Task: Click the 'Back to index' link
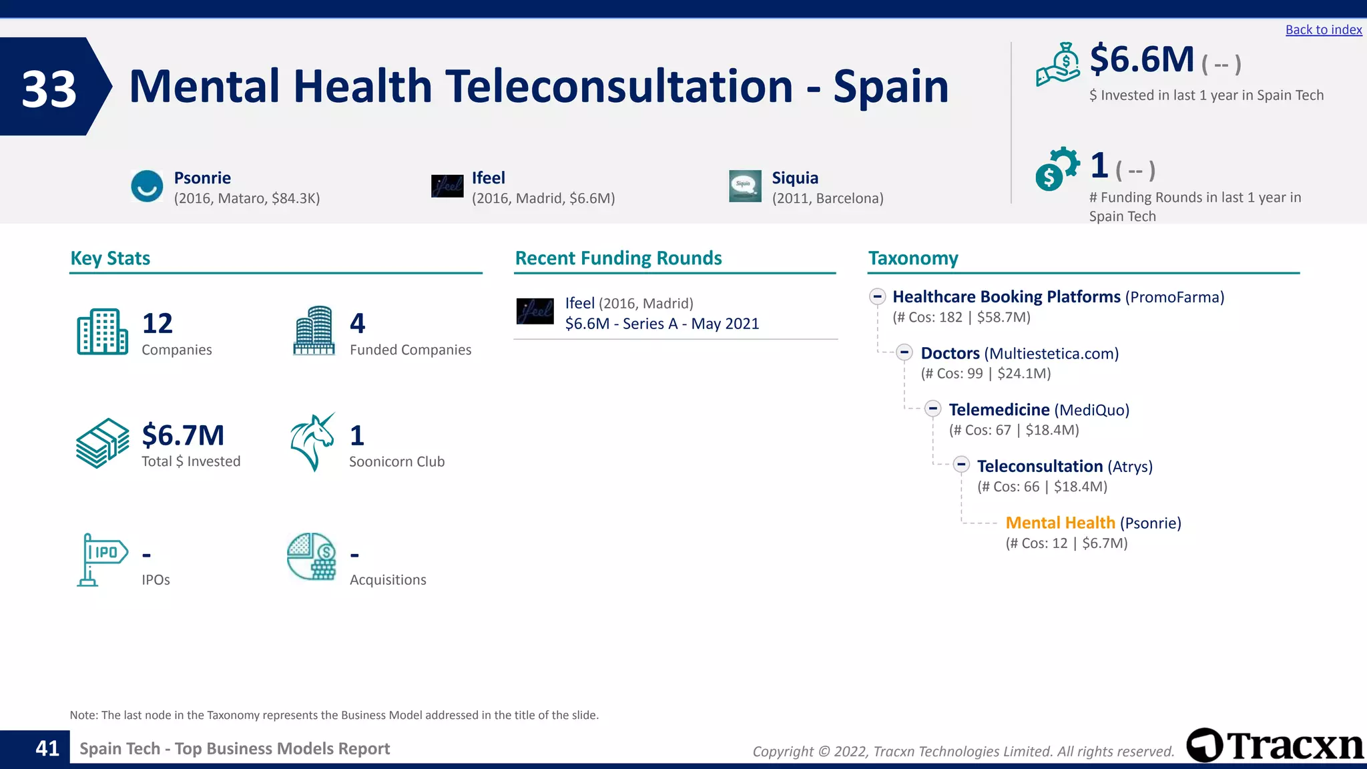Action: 1323,30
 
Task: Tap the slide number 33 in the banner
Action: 49,89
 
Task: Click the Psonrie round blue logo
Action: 147,186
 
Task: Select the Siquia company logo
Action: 745,186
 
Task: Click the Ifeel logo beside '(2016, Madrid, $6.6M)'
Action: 447,186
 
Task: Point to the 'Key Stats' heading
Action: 110,258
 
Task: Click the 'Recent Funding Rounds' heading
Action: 618,258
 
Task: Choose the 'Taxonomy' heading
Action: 912,258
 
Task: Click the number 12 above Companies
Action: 158,324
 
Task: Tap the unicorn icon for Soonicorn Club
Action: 312,442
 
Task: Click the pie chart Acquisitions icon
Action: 312,557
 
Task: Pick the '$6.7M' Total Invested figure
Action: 183,435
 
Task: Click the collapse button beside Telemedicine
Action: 933,409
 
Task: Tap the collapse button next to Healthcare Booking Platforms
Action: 877,296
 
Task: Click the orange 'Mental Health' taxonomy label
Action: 1060,523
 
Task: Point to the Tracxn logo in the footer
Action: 1275,745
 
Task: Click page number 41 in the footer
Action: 47,748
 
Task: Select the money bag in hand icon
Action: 1058,65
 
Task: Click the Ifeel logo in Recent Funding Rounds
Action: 535,311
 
